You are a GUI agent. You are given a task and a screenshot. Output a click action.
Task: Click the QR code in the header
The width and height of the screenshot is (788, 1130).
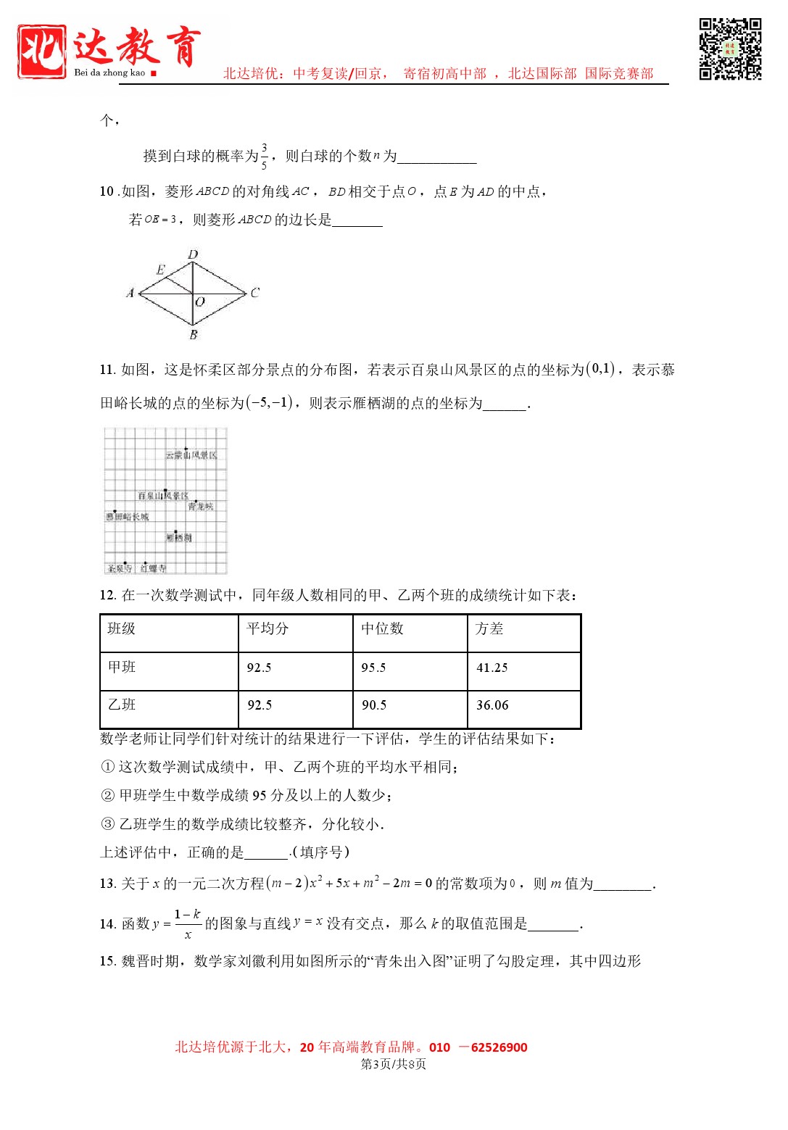click(730, 49)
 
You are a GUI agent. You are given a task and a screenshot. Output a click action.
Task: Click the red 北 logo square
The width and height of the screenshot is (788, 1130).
click(41, 51)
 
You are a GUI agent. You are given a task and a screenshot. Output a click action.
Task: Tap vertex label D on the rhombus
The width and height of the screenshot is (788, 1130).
click(193, 254)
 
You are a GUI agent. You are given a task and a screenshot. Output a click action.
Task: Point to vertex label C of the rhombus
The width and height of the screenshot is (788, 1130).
click(254, 293)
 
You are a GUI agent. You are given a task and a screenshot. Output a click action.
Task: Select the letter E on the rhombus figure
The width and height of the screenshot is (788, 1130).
click(160, 270)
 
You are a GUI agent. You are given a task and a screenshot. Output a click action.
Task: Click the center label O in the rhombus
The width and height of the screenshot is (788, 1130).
click(200, 302)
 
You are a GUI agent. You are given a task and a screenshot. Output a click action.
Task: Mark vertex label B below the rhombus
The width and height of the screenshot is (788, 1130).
click(194, 335)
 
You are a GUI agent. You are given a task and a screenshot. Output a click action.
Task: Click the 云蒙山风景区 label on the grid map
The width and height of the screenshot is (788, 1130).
click(191, 455)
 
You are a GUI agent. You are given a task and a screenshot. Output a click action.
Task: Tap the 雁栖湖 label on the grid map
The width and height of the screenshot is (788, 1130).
click(178, 538)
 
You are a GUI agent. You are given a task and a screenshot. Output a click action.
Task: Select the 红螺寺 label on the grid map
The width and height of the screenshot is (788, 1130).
click(153, 568)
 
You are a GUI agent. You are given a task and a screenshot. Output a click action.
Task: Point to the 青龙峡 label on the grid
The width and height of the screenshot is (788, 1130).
click(201, 507)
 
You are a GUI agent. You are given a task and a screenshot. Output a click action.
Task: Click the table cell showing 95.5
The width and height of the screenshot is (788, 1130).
click(373, 668)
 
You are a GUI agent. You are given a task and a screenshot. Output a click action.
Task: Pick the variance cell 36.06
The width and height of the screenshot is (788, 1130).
click(492, 705)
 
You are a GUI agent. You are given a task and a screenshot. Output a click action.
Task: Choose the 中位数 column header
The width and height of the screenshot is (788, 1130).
click(382, 628)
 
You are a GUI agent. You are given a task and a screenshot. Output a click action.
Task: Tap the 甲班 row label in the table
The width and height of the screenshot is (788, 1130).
click(122, 667)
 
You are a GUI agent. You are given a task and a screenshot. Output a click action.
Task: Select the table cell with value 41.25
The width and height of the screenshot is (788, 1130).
click(492, 668)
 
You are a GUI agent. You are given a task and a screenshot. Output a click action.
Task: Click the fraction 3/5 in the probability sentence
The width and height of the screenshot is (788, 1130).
click(264, 156)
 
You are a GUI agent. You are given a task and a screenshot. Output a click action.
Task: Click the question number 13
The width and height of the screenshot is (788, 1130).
click(107, 884)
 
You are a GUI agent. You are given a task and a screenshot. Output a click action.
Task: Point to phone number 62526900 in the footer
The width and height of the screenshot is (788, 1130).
click(499, 1047)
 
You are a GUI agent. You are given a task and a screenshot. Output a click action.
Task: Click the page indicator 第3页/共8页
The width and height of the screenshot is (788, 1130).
click(394, 1064)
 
